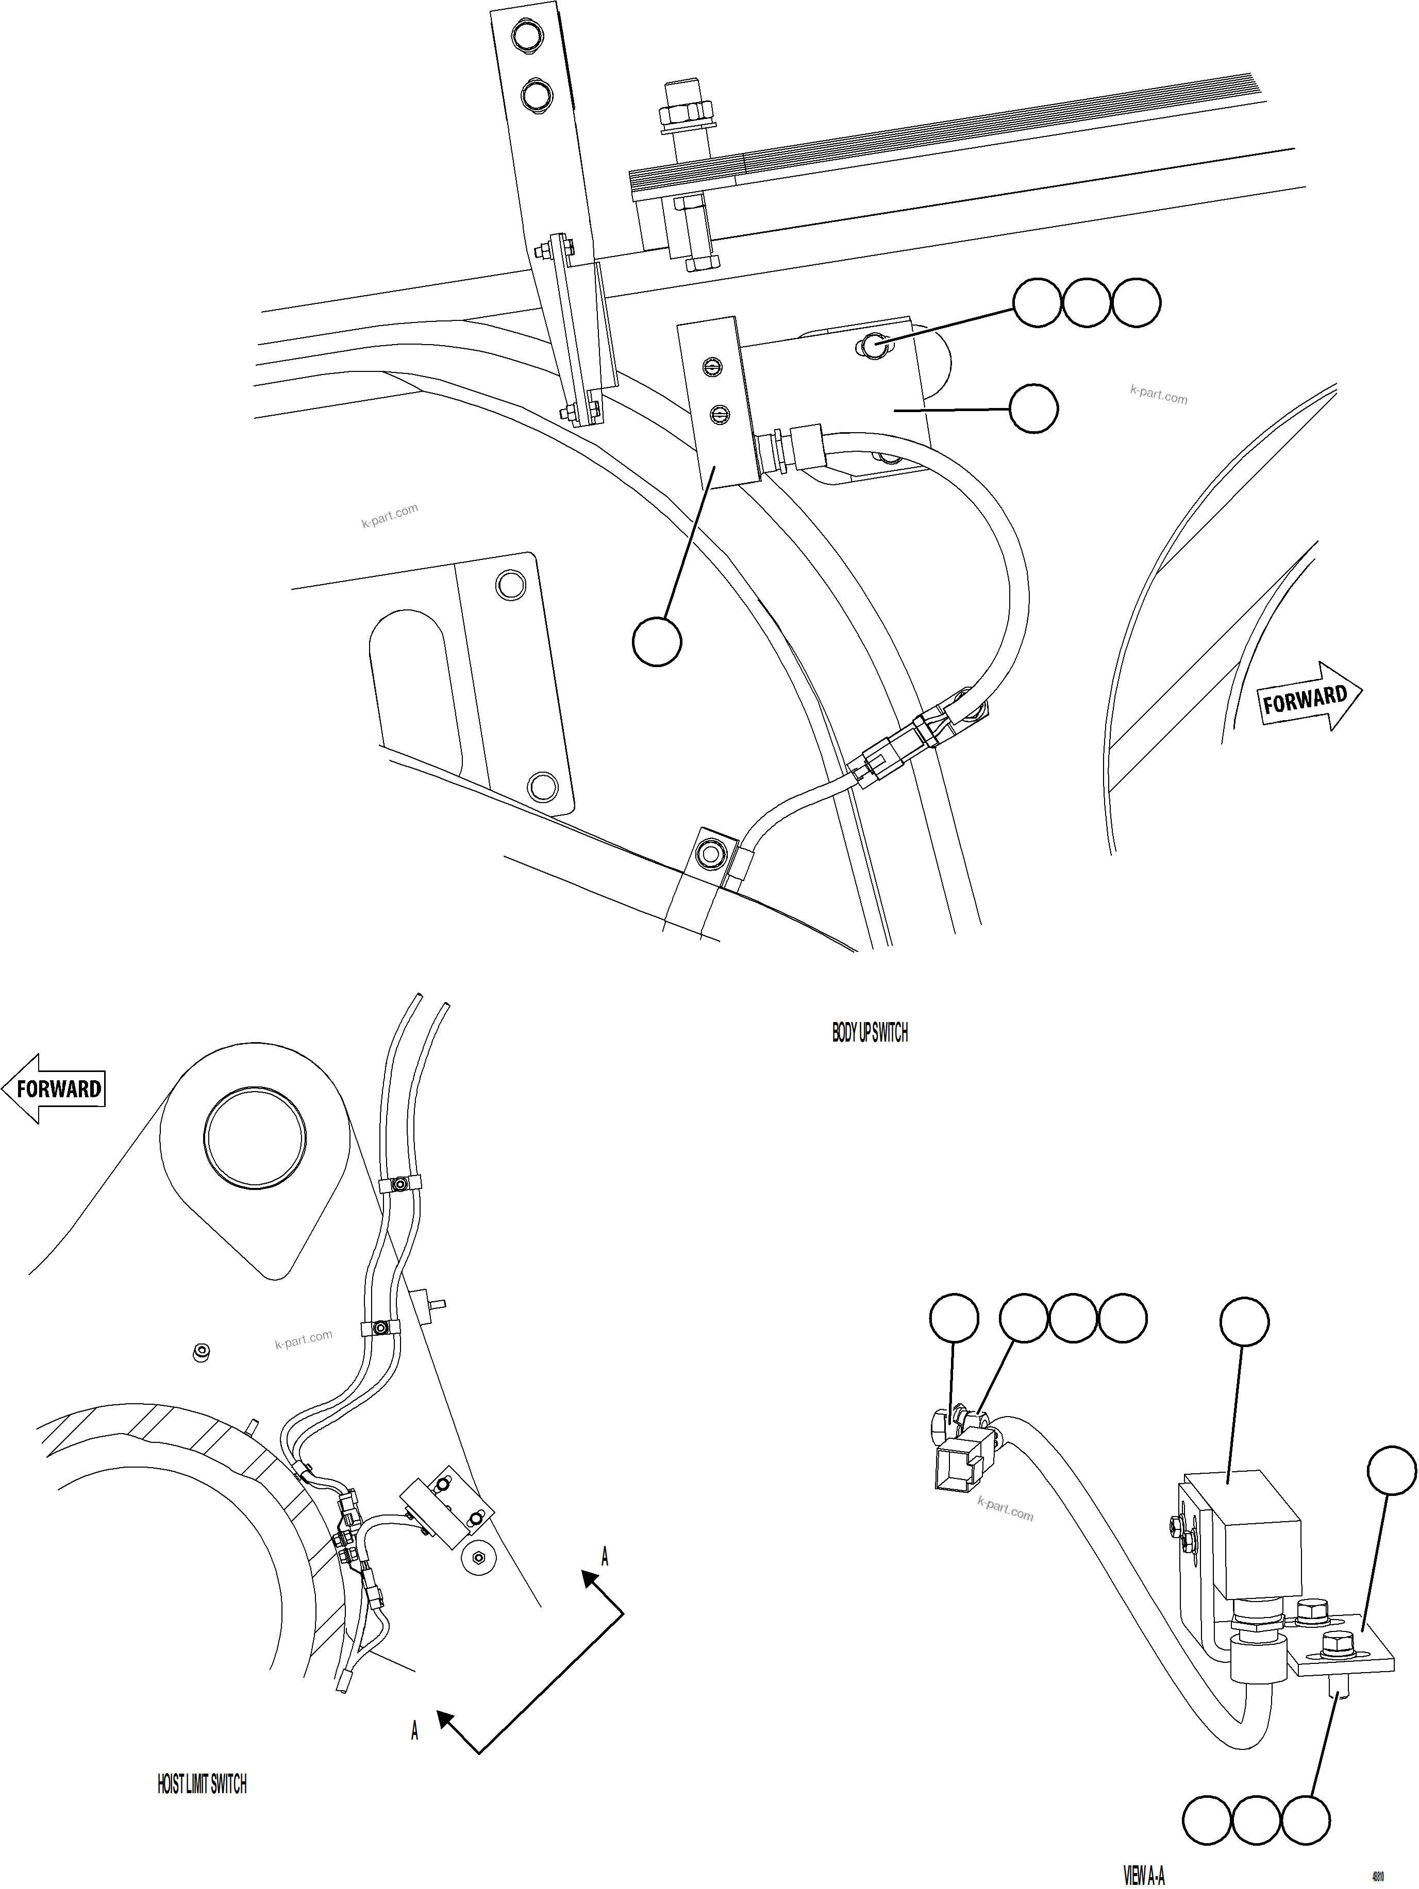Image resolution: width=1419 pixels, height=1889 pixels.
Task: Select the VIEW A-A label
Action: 1144,1875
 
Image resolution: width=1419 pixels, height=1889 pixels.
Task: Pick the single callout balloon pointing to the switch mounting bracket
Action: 1033,409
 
